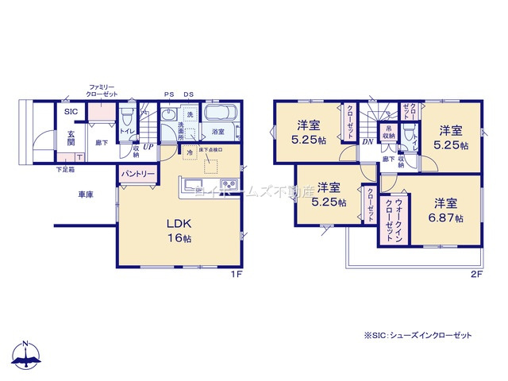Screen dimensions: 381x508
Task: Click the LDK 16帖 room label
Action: coord(179,231)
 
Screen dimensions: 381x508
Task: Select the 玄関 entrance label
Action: coord(71,138)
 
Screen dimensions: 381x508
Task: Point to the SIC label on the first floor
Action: coord(71,113)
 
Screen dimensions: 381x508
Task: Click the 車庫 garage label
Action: coord(87,194)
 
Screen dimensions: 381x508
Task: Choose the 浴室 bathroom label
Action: coord(217,132)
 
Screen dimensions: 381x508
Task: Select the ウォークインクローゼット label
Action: coord(389,219)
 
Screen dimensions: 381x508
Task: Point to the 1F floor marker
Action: coord(236,275)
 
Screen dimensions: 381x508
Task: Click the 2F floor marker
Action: coord(477,275)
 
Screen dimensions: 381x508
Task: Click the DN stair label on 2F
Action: coord(368,141)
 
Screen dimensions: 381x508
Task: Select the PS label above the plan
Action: coord(169,94)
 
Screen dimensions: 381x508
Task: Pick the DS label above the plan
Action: coord(189,94)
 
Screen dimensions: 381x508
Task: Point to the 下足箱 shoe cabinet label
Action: coord(65,169)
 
